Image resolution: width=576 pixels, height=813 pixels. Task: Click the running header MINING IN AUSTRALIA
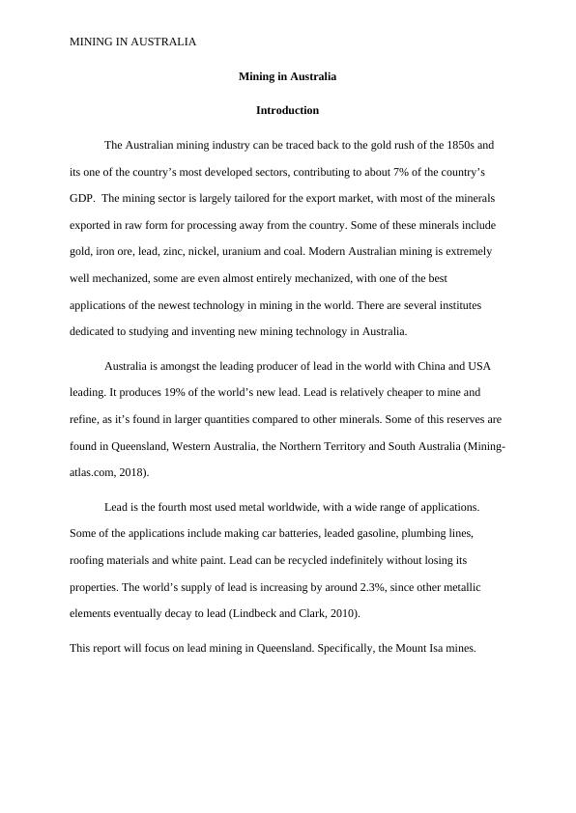(133, 42)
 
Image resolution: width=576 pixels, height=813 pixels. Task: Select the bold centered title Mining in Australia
(287, 75)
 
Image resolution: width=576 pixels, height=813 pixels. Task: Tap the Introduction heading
(287, 110)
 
